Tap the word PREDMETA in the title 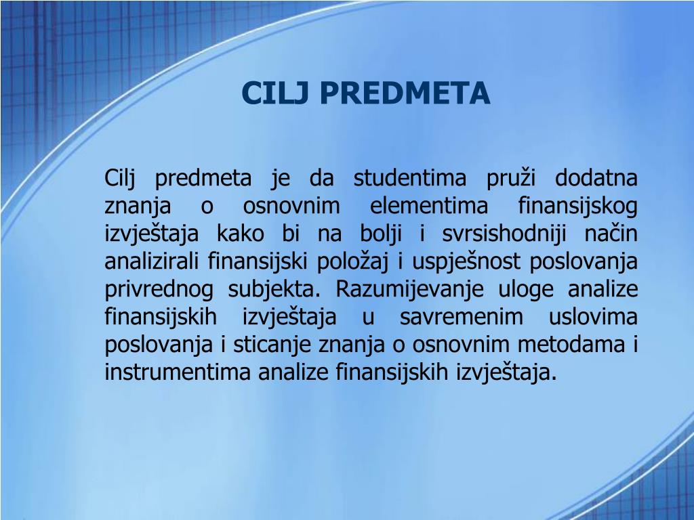pyautogui.click(x=404, y=93)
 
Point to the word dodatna pyautogui.click(x=596, y=179)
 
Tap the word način pyautogui.click(x=611, y=234)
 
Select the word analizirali pyautogui.click(x=154, y=262)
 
